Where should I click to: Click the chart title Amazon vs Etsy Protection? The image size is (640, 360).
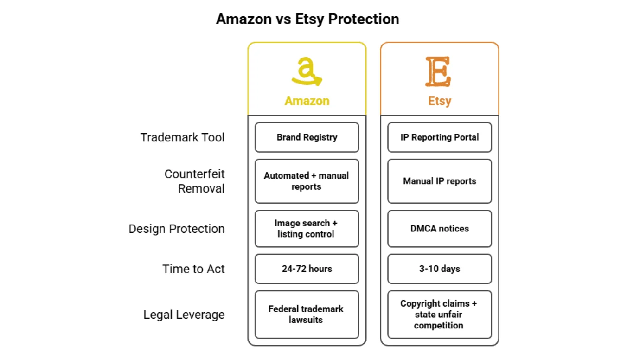pyautogui.click(x=307, y=19)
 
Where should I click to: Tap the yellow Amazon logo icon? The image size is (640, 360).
pyautogui.click(x=306, y=72)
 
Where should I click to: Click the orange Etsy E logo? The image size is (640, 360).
pyautogui.click(x=438, y=72)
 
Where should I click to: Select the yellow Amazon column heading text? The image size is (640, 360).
pyautogui.click(x=307, y=101)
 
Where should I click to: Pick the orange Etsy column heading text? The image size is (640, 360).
pyautogui.click(x=439, y=101)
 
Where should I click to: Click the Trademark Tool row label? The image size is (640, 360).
pyautogui.click(x=182, y=137)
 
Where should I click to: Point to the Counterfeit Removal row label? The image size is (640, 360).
pyautogui.click(x=194, y=181)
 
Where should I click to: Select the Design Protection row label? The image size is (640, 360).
pyautogui.click(x=176, y=229)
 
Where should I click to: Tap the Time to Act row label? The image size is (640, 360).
pyautogui.click(x=193, y=269)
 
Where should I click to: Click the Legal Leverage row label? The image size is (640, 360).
pyautogui.click(x=184, y=315)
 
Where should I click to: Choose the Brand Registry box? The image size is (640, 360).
pyautogui.click(x=307, y=137)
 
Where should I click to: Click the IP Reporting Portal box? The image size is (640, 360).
pyautogui.click(x=439, y=137)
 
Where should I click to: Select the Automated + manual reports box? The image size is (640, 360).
pyautogui.click(x=307, y=181)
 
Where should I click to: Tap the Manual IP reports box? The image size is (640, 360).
pyautogui.click(x=439, y=181)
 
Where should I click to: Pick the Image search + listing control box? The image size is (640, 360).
pyautogui.click(x=307, y=229)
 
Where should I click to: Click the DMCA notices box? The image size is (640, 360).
pyautogui.click(x=439, y=229)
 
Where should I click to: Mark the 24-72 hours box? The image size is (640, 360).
pyautogui.click(x=307, y=269)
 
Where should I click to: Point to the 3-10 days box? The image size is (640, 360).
pyautogui.click(x=439, y=269)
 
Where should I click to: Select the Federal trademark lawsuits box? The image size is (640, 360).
pyautogui.click(x=307, y=315)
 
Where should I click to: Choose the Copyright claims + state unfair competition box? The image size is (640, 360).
pyautogui.click(x=439, y=315)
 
